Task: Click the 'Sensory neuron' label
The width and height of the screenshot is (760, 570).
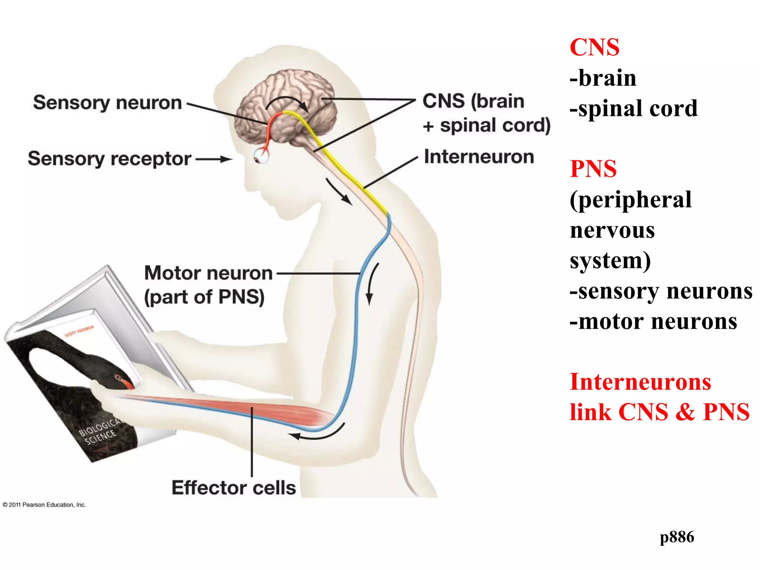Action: pyautogui.click(x=107, y=103)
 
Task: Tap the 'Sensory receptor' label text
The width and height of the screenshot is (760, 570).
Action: pyautogui.click(x=109, y=159)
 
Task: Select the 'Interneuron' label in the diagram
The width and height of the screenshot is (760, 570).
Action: pyautogui.click(x=479, y=157)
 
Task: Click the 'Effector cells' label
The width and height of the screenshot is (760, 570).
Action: pyautogui.click(x=233, y=488)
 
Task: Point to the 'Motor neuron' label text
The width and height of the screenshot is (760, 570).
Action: pyautogui.click(x=208, y=273)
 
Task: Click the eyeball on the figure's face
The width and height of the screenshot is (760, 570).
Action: pyautogui.click(x=261, y=156)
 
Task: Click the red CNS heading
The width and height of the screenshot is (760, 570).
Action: pyautogui.click(x=594, y=47)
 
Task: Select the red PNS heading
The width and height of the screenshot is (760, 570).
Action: pyautogui.click(x=593, y=169)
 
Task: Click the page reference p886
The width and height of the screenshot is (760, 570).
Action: pyautogui.click(x=677, y=537)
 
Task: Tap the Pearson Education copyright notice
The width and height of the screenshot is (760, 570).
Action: pyautogui.click(x=44, y=505)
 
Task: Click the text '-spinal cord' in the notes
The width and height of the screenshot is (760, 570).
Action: pyautogui.click(x=633, y=108)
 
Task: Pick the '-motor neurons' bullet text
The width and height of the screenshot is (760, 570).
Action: pyautogui.click(x=653, y=321)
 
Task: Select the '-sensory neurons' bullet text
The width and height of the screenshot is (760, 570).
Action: pyautogui.click(x=661, y=291)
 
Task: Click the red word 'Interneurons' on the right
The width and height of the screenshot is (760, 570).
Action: pyautogui.click(x=640, y=382)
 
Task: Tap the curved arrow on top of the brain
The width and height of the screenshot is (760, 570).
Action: pyautogui.click(x=288, y=102)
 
